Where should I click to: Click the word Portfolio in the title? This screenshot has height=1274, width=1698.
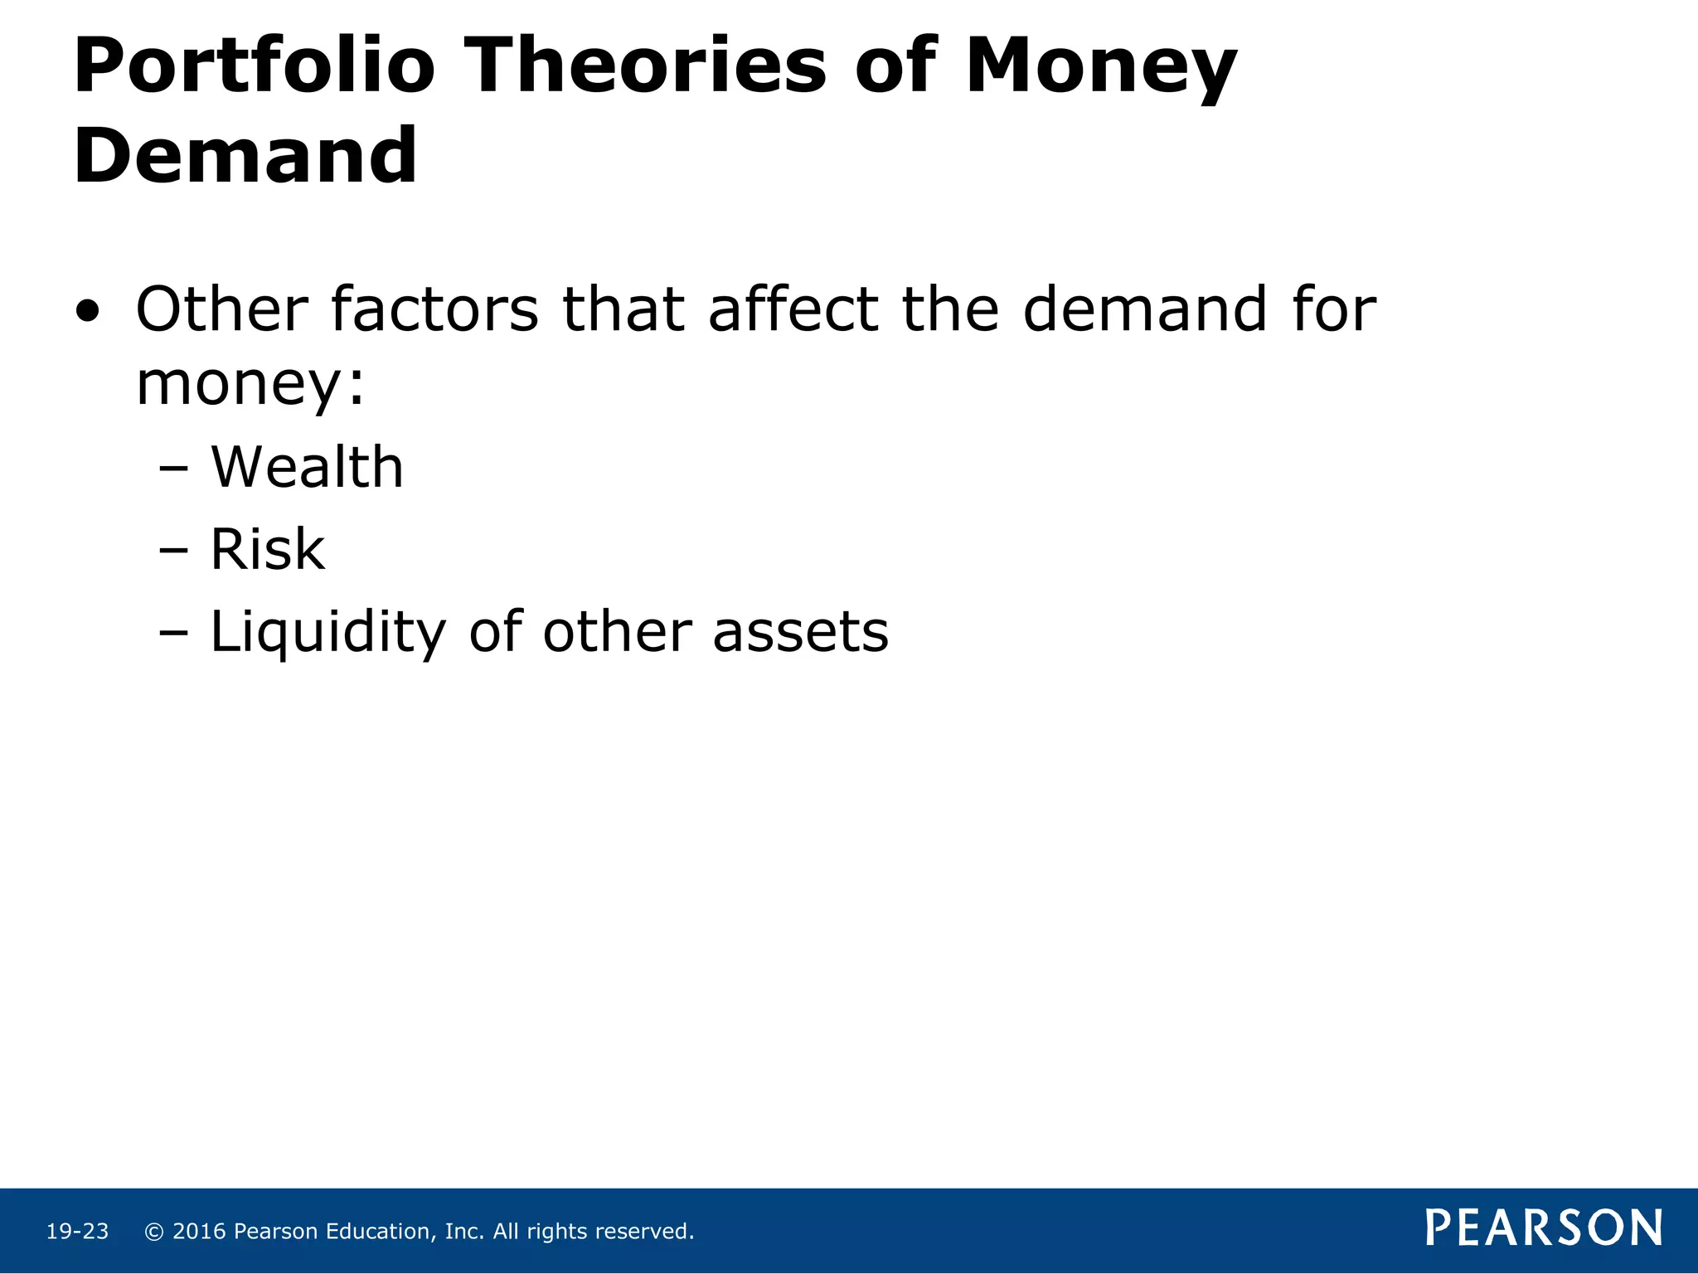click(x=254, y=66)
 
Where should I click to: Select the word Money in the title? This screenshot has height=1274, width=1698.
click(x=1100, y=66)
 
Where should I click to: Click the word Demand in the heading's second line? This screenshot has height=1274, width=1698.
click(x=245, y=155)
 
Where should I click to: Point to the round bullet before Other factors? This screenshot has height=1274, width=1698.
click(x=88, y=313)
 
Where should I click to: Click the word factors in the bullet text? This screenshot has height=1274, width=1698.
click(x=434, y=309)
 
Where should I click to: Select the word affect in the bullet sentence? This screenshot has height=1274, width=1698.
click(x=793, y=309)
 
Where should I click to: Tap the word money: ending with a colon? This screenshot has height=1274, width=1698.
click(x=250, y=384)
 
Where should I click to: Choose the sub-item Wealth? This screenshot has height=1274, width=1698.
click(x=307, y=467)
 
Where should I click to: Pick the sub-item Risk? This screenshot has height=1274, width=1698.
click(x=267, y=549)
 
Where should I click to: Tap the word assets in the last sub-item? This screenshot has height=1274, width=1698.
click(x=800, y=632)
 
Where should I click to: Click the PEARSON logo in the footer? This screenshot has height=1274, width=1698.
click(x=1543, y=1228)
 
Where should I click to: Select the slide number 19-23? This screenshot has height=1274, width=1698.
click(x=77, y=1232)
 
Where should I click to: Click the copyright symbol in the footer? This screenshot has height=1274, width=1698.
click(x=153, y=1232)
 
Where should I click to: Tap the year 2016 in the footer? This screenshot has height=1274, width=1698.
click(x=199, y=1232)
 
